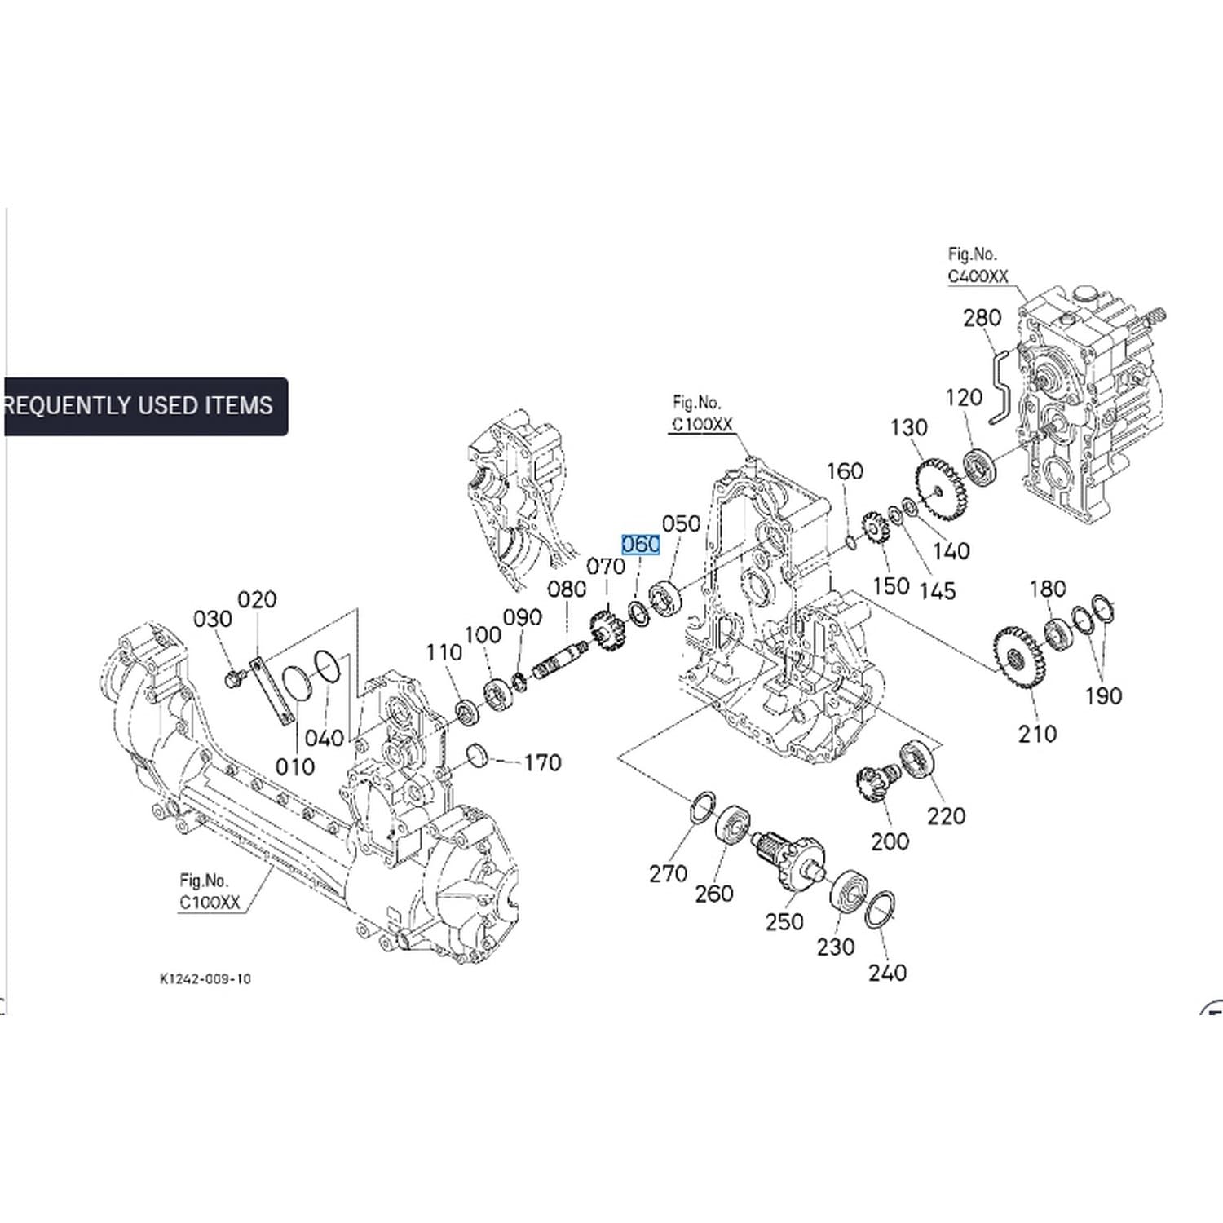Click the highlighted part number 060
tap(640, 544)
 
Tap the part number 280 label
tap(982, 317)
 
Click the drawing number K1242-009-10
tap(205, 978)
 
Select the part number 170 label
tap(542, 763)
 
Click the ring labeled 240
tap(879, 910)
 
